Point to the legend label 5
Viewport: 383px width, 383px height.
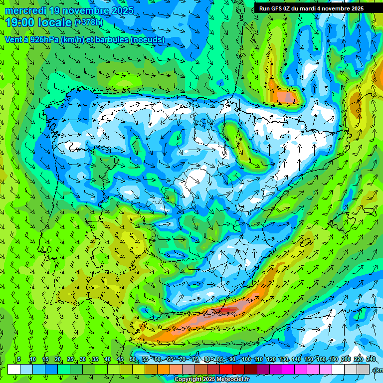tap(19, 360)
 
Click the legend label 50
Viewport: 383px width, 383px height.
tap(132, 360)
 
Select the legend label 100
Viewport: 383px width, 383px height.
tap(246, 360)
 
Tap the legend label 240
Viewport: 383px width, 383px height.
tap(371, 360)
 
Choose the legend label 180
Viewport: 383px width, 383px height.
tap(333, 360)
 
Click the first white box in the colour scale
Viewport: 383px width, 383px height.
tap(14, 369)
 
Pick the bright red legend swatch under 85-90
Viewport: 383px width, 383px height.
tap(226, 369)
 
